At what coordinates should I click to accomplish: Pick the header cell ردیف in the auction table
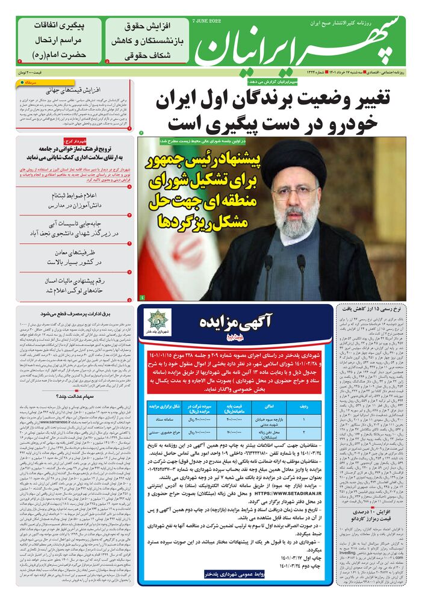pos(306,407)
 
